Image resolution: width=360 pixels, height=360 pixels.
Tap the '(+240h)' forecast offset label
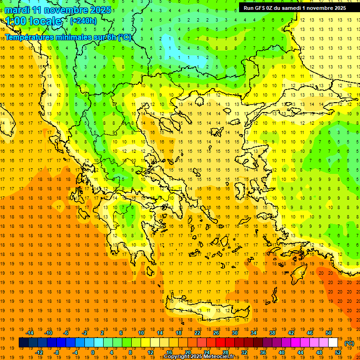83,21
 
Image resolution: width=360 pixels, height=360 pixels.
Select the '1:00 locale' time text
34,21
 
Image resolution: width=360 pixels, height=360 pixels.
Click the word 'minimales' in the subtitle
70,37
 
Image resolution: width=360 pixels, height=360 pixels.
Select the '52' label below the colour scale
338,352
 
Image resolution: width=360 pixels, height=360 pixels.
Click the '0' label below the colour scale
93,352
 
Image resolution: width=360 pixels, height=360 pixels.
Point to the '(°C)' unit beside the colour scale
349,343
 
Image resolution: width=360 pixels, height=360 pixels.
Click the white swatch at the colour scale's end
333,343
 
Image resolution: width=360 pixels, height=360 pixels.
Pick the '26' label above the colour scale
216,333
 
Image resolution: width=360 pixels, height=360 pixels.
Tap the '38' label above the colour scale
272,333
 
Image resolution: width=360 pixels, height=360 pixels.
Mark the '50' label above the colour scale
328,333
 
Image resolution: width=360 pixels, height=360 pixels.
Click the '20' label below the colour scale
188,352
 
